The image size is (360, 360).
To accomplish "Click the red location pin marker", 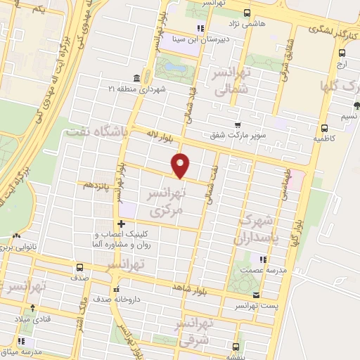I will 181,165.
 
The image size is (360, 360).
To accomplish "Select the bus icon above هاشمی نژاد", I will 245,13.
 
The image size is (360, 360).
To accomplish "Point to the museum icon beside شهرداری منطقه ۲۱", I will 136,78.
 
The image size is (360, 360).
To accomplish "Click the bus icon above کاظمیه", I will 324,129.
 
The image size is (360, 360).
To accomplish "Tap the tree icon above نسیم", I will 356,106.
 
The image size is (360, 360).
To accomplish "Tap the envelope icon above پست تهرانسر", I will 255,295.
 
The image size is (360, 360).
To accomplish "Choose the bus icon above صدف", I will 79,267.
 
